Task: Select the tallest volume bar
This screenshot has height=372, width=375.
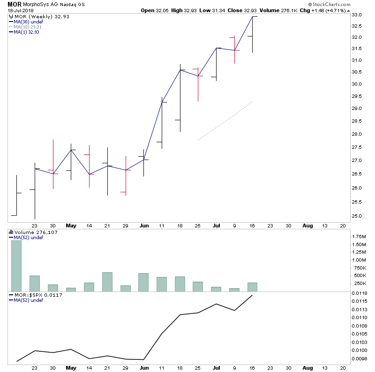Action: coord(16,265)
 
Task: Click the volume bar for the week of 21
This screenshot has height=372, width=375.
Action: coord(107,282)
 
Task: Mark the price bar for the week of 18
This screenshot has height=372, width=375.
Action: coord(180,98)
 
